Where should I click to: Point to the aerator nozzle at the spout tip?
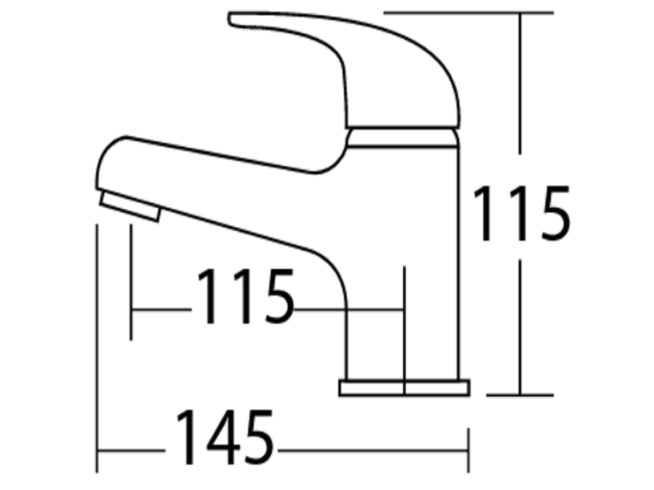(x=130, y=206)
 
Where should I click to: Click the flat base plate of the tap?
(x=404, y=388)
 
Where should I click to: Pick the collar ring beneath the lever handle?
(x=402, y=137)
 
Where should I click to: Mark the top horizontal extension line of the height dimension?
(x=469, y=13)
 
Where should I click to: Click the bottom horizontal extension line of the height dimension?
(x=520, y=395)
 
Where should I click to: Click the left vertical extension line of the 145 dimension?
(x=97, y=349)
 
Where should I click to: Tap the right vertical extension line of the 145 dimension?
(x=468, y=450)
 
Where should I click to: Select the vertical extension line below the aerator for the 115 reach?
(x=131, y=283)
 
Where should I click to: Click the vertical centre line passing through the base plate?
(x=404, y=327)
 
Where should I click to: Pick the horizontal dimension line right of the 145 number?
(x=371, y=451)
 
